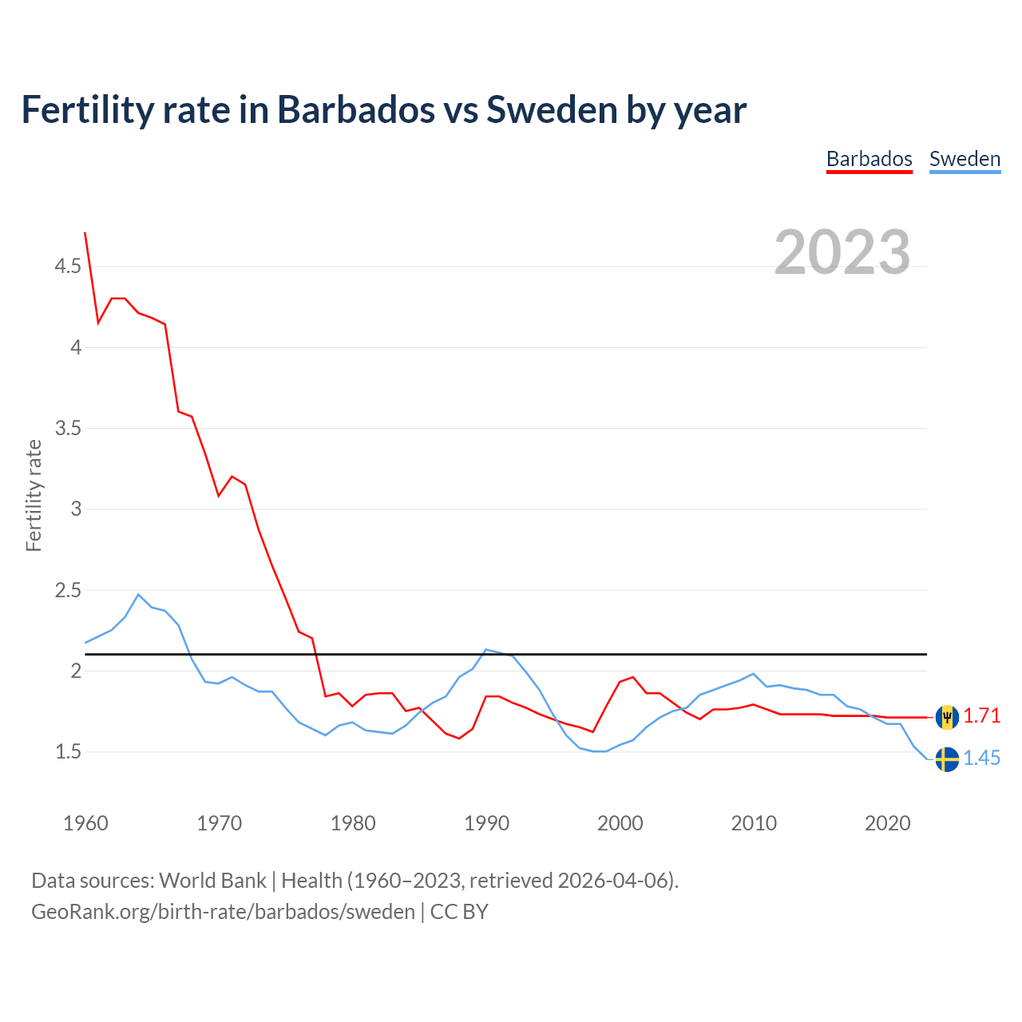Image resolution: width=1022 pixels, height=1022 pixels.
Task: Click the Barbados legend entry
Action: pos(869,159)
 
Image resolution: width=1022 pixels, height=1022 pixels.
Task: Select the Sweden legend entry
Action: pos(965,159)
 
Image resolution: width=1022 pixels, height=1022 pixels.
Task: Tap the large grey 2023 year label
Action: pos(842,252)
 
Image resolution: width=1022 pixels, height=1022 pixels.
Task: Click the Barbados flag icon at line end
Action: pos(947,717)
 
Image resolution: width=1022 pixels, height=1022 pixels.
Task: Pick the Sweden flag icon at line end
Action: pos(947,759)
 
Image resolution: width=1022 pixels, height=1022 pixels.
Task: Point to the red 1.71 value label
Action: pos(981,716)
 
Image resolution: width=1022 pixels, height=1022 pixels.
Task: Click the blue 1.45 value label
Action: pos(981,759)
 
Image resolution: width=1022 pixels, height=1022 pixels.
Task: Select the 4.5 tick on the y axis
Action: pos(68,267)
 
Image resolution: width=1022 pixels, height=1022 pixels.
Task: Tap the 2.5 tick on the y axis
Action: pos(68,591)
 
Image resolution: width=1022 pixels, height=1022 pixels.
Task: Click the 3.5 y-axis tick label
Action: pos(68,429)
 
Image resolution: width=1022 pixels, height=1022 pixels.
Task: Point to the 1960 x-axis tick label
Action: pos(85,823)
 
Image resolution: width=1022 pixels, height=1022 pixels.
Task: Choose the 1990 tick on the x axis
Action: pos(486,823)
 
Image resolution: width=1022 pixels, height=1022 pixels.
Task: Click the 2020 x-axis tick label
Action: pos(887,823)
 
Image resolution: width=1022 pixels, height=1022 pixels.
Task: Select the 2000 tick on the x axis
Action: pos(620,823)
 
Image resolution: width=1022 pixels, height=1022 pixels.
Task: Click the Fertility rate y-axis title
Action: pos(34,495)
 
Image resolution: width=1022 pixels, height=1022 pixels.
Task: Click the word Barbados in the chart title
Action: pos(355,109)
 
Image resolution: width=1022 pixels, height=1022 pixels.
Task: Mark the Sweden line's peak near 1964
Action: pos(138,594)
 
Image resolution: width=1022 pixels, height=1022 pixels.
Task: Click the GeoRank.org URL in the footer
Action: pos(223,912)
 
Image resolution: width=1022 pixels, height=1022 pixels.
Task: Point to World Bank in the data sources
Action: pos(212,881)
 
